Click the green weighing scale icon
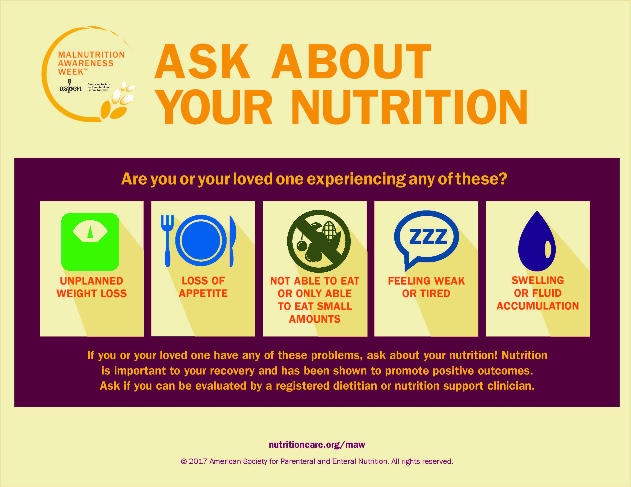(x=90, y=242)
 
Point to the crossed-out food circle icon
(x=319, y=241)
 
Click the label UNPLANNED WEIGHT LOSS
(x=92, y=287)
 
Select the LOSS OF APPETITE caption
(x=203, y=287)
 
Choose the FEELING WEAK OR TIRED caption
(x=426, y=287)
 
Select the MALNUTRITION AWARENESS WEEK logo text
(x=91, y=63)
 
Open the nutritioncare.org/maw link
(x=317, y=445)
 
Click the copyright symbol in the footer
(x=184, y=462)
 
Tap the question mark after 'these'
(x=503, y=179)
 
